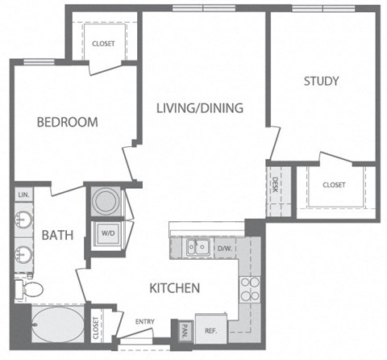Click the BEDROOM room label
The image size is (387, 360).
pos(68,123)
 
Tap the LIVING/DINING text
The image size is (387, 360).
pos(200,107)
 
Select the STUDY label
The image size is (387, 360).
pos(321,81)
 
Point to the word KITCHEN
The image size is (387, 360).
pos(174,287)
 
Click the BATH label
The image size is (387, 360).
pos(58,236)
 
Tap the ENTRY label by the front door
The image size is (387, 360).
pos(146,322)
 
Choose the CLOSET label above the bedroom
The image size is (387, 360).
pos(102,44)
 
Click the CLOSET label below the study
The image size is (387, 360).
pos(334,185)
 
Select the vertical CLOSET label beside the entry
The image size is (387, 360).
pos(97,327)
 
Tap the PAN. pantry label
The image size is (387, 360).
pos(185,329)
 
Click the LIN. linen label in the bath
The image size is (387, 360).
pos(23,196)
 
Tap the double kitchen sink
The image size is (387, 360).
pos(198,247)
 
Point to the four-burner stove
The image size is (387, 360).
pos(249,289)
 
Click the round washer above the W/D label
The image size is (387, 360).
pos(106,202)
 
